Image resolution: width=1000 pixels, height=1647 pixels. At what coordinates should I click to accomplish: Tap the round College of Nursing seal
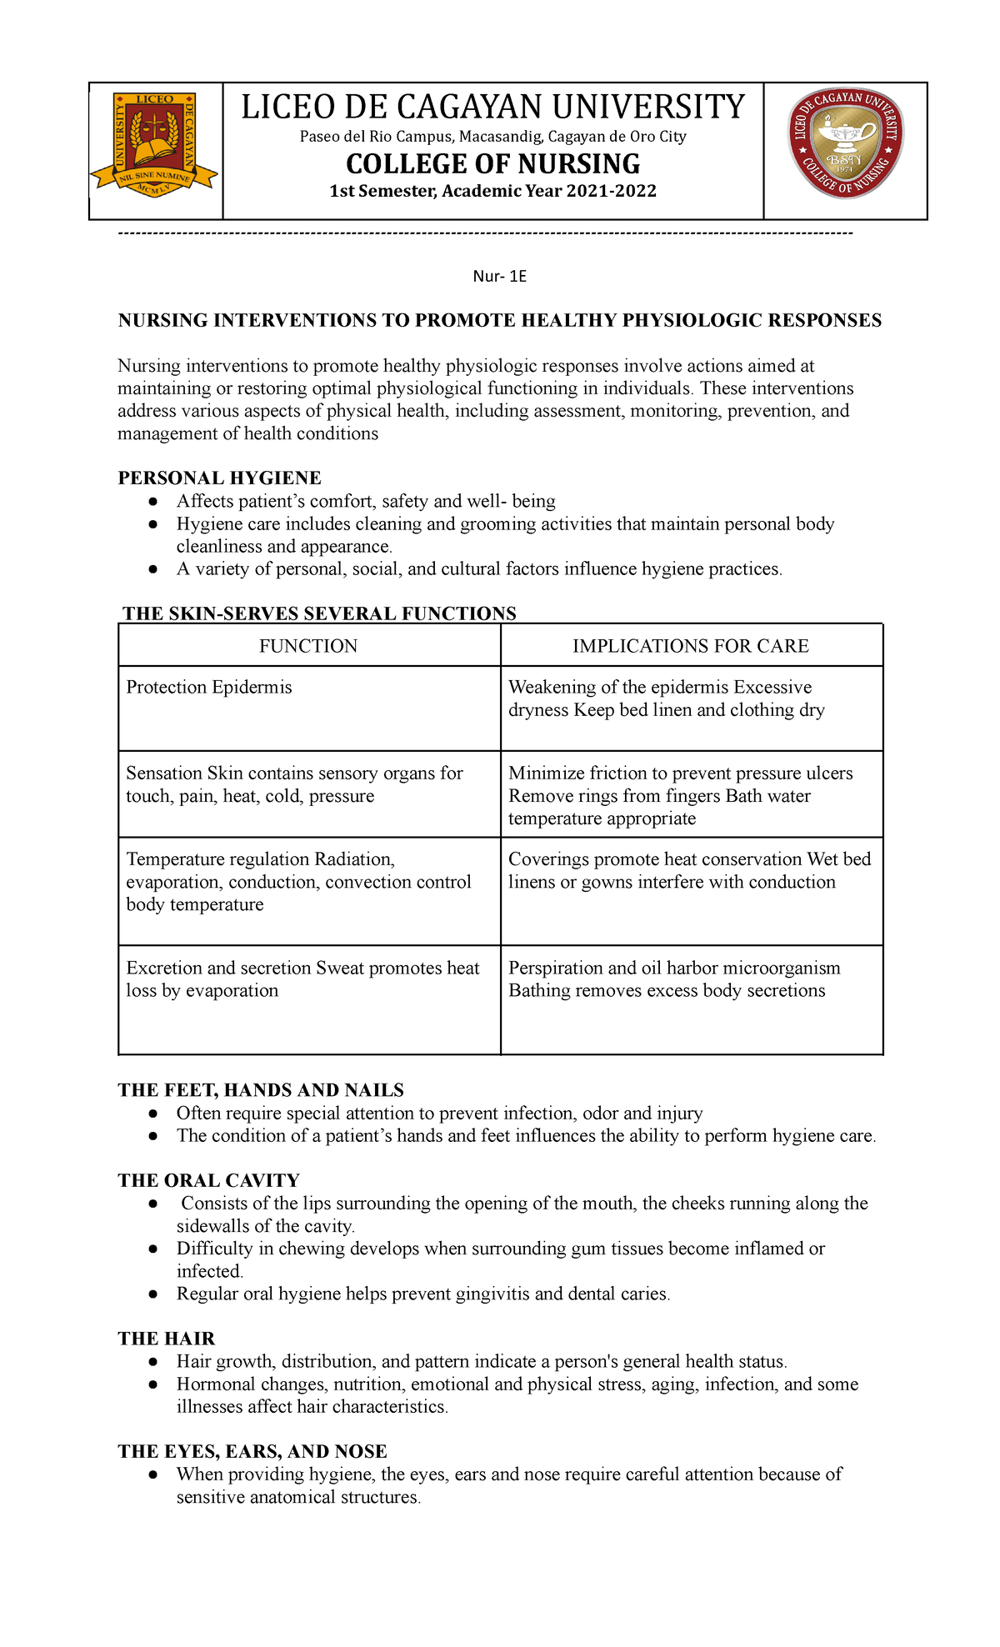[x=846, y=143]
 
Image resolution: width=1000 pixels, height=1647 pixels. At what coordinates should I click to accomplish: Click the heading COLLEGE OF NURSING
[x=493, y=163]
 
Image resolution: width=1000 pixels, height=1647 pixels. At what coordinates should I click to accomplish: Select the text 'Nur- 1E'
[x=499, y=276]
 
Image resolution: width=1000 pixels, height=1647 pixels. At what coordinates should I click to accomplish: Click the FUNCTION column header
[x=308, y=646]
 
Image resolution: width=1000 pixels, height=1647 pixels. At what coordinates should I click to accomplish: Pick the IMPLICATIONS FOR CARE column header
[x=691, y=646]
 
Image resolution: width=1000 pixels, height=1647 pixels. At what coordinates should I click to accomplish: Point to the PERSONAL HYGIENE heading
[x=219, y=478]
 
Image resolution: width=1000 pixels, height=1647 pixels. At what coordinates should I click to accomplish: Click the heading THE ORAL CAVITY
[x=208, y=1180]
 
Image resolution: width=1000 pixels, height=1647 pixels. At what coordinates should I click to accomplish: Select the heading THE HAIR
[x=167, y=1339]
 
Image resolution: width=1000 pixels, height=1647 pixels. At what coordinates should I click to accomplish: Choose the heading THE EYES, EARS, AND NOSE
[x=252, y=1451]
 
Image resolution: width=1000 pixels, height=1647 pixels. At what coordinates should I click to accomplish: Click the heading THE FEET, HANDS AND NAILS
[x=261, y=1090]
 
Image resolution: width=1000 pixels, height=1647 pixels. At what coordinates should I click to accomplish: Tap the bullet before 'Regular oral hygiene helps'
[x=152, y=1294]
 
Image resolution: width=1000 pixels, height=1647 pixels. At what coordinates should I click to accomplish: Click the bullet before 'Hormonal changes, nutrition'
[x=152, y=1384]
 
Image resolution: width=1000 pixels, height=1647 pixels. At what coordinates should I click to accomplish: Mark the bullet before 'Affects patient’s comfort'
[x=152, y=502]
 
